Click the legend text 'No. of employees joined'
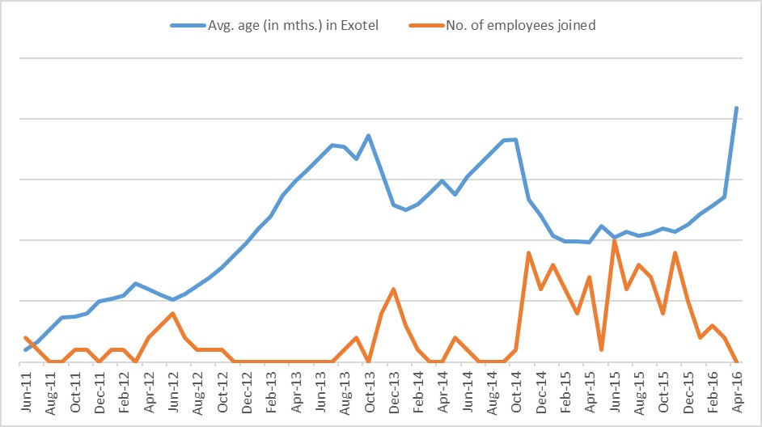(521, 25)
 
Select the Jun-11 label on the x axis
(26, 393)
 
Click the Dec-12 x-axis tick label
(246, 393)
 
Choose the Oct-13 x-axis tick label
(368, 393)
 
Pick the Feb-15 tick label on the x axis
(564, 393)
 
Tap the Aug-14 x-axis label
(491, 393)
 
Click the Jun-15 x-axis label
(613, 393)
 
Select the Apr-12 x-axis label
(148, 393)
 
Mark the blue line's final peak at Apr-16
(736, 108)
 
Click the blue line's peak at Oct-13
(368, 135)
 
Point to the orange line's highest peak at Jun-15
(615, 240)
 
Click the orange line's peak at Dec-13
(393, 289)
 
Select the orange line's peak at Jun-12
(172, 313)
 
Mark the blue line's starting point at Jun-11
(26, 349)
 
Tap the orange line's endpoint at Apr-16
(736, 361)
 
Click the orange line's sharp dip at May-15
(602, 349)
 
